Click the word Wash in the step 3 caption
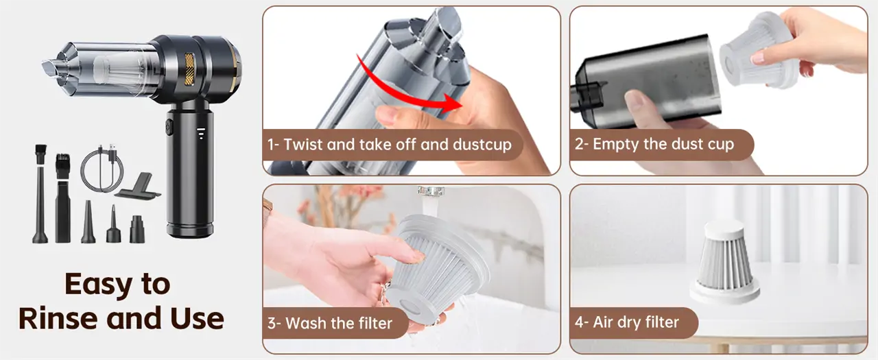305,323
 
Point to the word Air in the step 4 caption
603,322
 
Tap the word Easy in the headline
98,284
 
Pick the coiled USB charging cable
101,168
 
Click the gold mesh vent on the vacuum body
189,69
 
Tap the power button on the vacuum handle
169,128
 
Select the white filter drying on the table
724,262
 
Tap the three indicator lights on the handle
201,133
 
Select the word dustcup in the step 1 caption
482,145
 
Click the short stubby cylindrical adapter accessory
137,229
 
